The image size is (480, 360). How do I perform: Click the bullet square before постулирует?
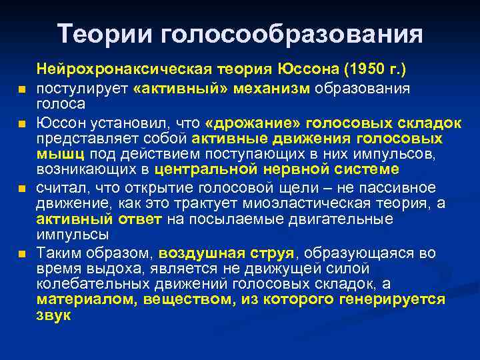coord(22,89)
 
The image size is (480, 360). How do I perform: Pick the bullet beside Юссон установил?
coord(22,124)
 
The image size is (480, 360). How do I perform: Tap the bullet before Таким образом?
coord(22,254)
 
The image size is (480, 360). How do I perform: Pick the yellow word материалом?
coord(85,299)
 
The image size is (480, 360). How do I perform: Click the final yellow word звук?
coord(53,315)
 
